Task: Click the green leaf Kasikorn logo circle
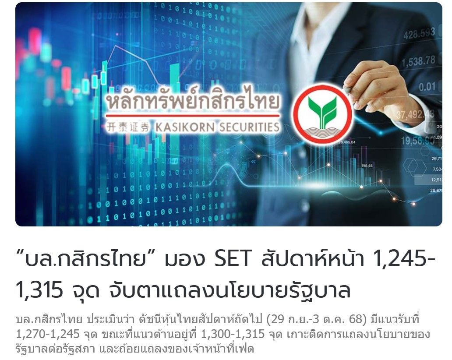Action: pos(322,114)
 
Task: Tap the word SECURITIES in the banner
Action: pos(249,127)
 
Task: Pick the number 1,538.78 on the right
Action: pos(418,61)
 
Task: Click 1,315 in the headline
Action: pos(39,289)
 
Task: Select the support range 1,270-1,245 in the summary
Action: pos(48,334)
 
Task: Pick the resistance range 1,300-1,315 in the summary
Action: pos(233,334)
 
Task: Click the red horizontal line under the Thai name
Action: pos(193,116)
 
